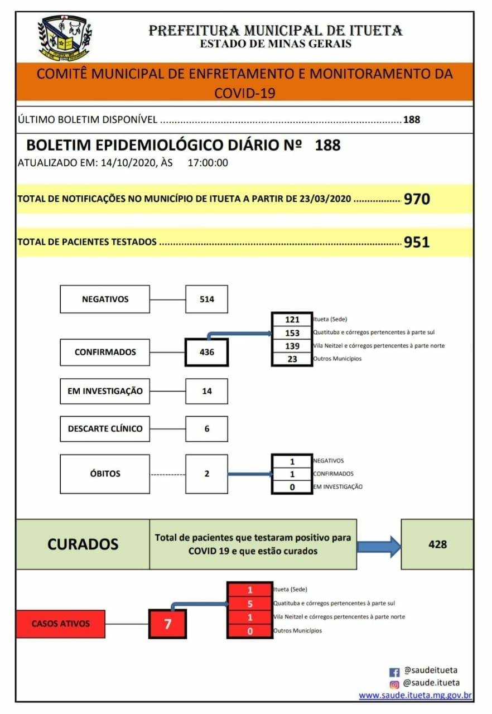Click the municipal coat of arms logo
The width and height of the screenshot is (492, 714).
tap(65, 37)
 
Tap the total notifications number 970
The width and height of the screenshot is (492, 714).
tap(417, 199)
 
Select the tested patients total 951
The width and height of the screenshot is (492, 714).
tap(417, 243)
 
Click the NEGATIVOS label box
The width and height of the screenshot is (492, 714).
tap(105, 299)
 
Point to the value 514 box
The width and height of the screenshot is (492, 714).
tap(206, 299)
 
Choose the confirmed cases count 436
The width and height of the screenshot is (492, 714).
tap(206, 352)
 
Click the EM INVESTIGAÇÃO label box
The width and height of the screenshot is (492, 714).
tap(105, 391)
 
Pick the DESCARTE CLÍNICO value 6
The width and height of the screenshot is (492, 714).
tap(206, 429)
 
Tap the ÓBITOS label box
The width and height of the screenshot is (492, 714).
tap(105, 474)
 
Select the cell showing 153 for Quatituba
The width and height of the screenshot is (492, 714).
tap(292, 332)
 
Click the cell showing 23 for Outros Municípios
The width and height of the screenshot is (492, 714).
tap(292, 359)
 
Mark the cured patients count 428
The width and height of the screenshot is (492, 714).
tap(437, 544)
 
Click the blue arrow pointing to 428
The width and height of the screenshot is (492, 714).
tap(379, 546)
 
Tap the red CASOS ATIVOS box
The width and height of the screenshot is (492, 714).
tap(60, 624)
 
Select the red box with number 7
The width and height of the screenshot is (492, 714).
tap(167, 624)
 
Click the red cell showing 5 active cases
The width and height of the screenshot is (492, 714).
tap(250, 603)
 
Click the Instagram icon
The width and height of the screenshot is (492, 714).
tap(394, 684)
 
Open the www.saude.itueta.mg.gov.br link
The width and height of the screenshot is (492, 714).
tap(416, 696)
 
